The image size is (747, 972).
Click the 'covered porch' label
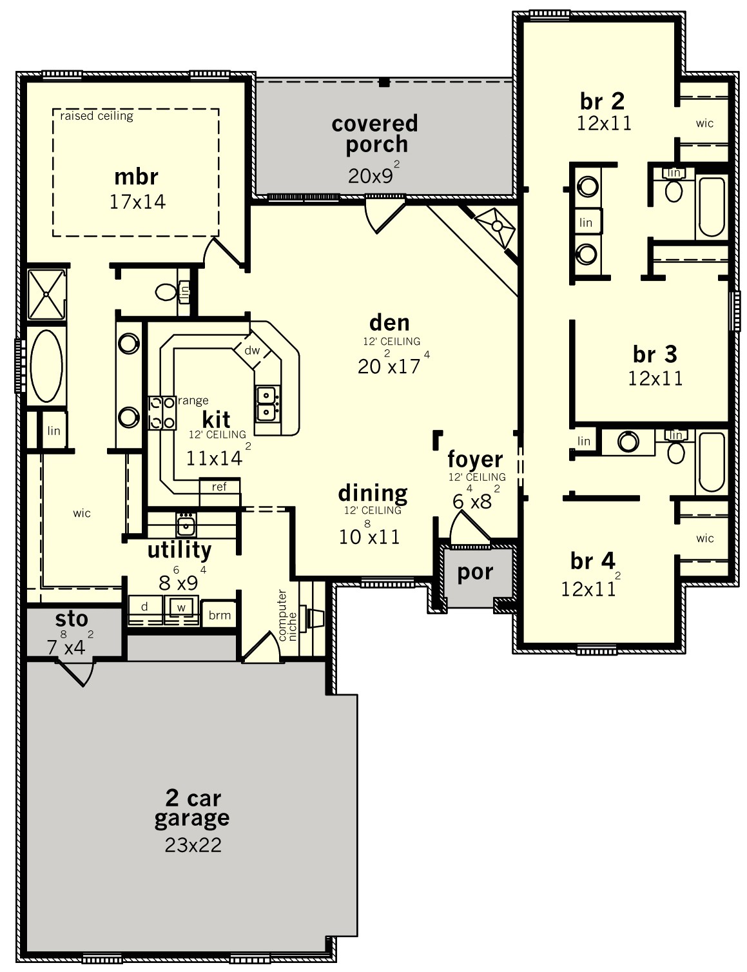pos(374,133)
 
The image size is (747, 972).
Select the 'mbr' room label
pos(136,177)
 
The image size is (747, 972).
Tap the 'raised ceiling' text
pos(97,116)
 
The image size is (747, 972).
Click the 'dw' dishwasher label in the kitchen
pos(252,351)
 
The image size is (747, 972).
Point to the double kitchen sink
pos(267,403)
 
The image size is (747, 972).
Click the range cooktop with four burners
pos(162,413)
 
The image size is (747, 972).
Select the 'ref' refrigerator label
pos(219,487)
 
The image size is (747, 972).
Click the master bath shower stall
pos(46,295)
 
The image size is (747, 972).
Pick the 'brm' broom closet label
pos(220,615)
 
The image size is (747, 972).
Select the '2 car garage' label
pos(191,808)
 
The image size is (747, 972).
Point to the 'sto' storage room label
pos(72,619)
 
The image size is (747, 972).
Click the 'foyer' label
pos(475,459)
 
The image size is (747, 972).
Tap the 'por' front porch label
pos(475,572)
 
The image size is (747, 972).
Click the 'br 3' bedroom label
pos(655,354)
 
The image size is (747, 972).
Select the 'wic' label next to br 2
pos(704,123)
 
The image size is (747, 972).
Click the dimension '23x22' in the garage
pos(193,845)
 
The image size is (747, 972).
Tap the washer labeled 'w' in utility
pos(181,607)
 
